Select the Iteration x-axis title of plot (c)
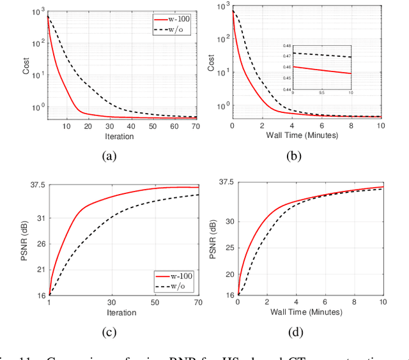121,313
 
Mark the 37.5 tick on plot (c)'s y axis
36,185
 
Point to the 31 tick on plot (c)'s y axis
40,218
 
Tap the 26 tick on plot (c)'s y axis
40,244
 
